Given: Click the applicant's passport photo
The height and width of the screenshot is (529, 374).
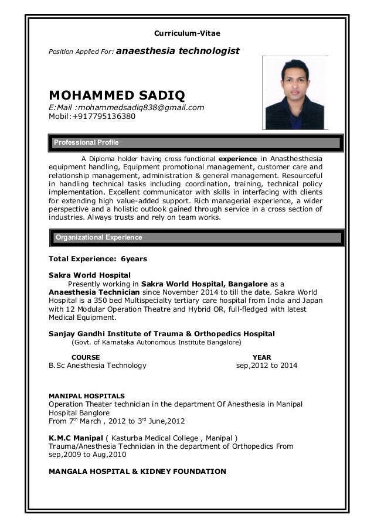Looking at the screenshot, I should click(295, 93).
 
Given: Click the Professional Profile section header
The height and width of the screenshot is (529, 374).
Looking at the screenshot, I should click(86, 142).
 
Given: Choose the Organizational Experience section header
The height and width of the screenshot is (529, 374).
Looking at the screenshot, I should click(98, 237).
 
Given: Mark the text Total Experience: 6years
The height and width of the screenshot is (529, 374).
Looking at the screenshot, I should click(98, 258).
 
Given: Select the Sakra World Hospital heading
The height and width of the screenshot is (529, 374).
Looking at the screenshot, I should click(89, 275).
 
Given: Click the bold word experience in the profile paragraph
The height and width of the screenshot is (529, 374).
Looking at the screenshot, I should click(237, 159).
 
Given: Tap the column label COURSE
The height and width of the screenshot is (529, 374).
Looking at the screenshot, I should click(85, 357).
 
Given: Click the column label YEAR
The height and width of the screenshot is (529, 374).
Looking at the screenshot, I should click(261, 357).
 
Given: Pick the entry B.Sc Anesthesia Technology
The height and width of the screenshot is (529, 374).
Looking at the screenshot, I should click(97, 366).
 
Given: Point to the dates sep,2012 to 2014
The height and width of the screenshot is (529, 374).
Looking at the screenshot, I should click(266, 366).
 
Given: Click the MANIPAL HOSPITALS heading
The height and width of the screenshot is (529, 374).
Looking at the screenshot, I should click(86, 395).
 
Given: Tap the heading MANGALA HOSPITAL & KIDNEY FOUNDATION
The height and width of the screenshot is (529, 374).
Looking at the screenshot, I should click(137, 471).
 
